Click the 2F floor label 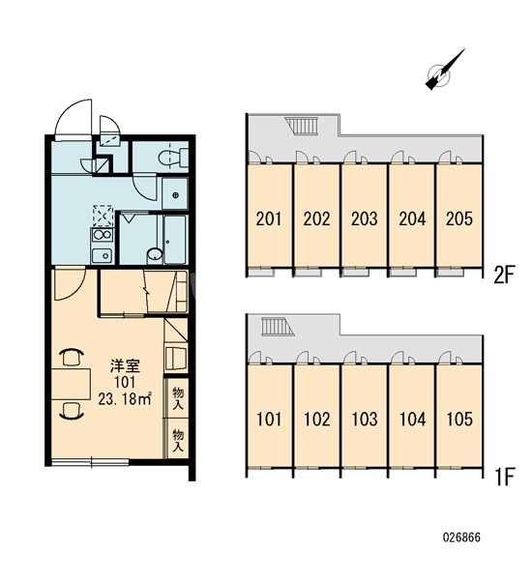click(x=504, y=275)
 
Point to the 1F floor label click(x=504, y=478)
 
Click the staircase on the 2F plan click(x=302, y=126)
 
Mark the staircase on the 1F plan click(x=278, y=327)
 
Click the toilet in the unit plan click(x=173, y=157)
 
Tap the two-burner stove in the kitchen click(x=103, y=235)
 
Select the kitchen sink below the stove click(x=103, y=255)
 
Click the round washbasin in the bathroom click(x=155, y=254)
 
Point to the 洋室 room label click(x=125, y=365)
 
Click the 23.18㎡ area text click(x=125, y=399)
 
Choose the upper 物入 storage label click(x=178, y=398)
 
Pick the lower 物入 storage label click(x=178, y=440)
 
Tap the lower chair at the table click(x=71, y=411)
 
